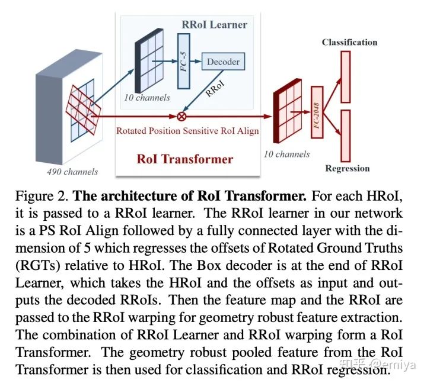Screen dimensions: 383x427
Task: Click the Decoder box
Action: coord(223,61)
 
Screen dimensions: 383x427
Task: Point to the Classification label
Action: coord(349,42)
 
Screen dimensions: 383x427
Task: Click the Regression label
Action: coord(347,169)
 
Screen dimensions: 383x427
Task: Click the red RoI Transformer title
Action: coord(185,159)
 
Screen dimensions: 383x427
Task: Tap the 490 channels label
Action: coord(72,172)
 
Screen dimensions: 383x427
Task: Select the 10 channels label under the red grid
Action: coord(286,154)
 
